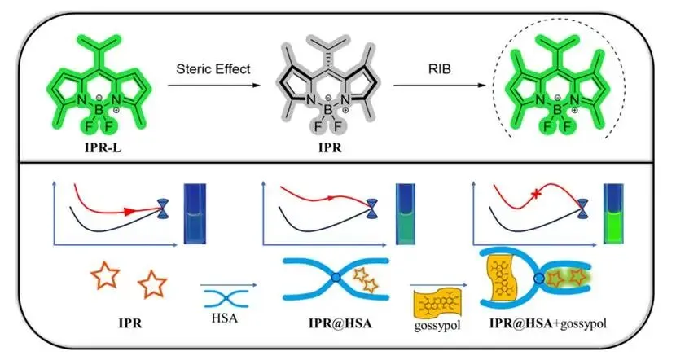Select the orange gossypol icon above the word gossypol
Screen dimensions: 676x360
tap(436, 301)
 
